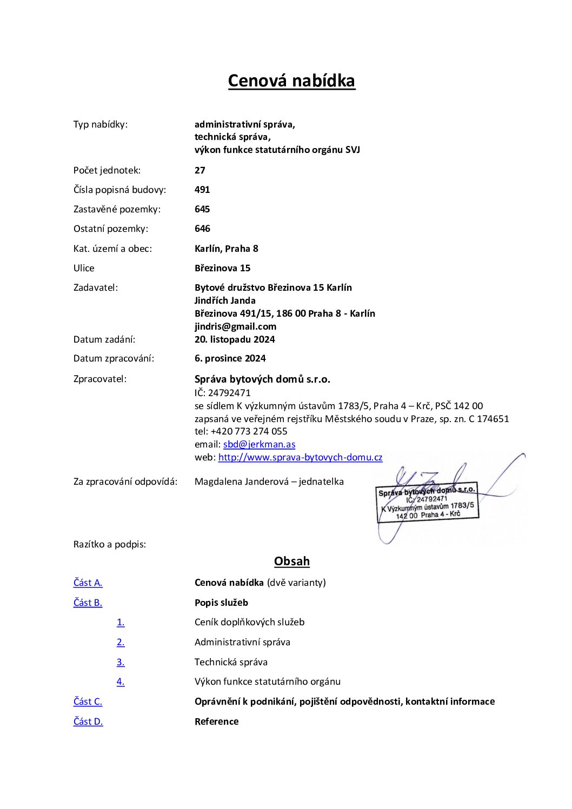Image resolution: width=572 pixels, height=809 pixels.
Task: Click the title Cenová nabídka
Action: (291, 81)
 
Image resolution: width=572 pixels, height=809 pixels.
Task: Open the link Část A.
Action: (88, 583)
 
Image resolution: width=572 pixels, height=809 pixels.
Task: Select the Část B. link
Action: (88, 603)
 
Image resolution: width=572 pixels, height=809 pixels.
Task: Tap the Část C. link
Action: (88, 701)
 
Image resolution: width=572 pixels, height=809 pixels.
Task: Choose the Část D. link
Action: (88, 721)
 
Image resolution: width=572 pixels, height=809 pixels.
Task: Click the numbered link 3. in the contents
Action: (121, 662)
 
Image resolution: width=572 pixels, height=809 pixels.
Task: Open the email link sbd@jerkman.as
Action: (259, 444)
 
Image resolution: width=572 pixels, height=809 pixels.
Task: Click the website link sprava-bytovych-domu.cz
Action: (300, 457)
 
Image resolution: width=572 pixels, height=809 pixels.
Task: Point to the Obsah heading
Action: (291, 561)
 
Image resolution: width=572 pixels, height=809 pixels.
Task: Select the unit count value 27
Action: (200, 170)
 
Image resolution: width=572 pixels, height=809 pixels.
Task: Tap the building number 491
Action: (202, 190)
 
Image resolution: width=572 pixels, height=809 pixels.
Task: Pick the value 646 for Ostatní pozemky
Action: (202, 229)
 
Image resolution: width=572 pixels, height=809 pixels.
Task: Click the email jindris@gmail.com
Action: (235, 326)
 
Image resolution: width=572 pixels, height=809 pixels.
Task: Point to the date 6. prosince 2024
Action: (230, 358)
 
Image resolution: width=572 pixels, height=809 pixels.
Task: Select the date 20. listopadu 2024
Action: (235, 339)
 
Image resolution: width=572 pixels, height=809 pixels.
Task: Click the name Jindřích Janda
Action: (225, 300)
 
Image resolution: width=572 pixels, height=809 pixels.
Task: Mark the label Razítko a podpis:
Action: (110, 544)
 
